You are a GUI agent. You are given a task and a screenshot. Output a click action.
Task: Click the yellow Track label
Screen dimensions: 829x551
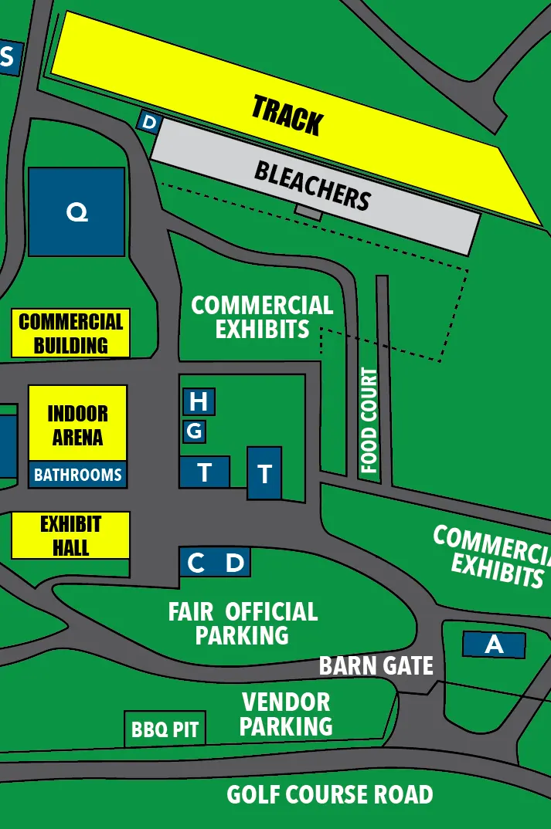pos(287,116)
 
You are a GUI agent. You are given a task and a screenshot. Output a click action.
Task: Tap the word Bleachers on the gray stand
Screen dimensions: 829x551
pos(312,186)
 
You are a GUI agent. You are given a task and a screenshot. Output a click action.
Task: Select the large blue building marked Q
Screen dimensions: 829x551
pos(77,211)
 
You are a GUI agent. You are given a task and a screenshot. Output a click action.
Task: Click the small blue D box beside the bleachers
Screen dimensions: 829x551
pos(150,122)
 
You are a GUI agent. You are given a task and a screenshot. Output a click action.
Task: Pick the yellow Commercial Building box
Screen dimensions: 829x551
pos(70,333)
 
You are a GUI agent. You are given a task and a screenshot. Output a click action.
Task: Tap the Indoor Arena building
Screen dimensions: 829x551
pos(77,424)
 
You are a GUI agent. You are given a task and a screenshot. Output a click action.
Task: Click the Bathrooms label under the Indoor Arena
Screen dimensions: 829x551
pos(77,475)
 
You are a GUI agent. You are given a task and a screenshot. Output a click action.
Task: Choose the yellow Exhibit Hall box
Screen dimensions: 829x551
pos(70,536)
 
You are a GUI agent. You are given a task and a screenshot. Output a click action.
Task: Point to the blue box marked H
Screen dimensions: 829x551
pos(199,401)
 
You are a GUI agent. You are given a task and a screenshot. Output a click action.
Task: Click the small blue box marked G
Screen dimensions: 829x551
pos(194,431)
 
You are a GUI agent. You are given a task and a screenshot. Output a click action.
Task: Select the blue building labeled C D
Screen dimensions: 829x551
pos(215,563)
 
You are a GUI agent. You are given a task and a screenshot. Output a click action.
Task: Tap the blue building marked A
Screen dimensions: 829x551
pos(494,645)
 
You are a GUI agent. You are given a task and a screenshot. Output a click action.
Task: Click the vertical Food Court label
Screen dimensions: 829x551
pos(369,421)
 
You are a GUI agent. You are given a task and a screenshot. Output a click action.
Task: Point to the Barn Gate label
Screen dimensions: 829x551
pos(376,665)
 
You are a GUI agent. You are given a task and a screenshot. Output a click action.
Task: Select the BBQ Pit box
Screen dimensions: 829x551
pos(165,729)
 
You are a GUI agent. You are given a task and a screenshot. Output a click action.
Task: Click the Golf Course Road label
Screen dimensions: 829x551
pos(330,794)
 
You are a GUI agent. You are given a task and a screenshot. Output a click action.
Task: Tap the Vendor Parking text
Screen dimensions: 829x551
pos(286,714)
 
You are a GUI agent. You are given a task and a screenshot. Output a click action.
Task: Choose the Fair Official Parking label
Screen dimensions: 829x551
pos(243,624)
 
